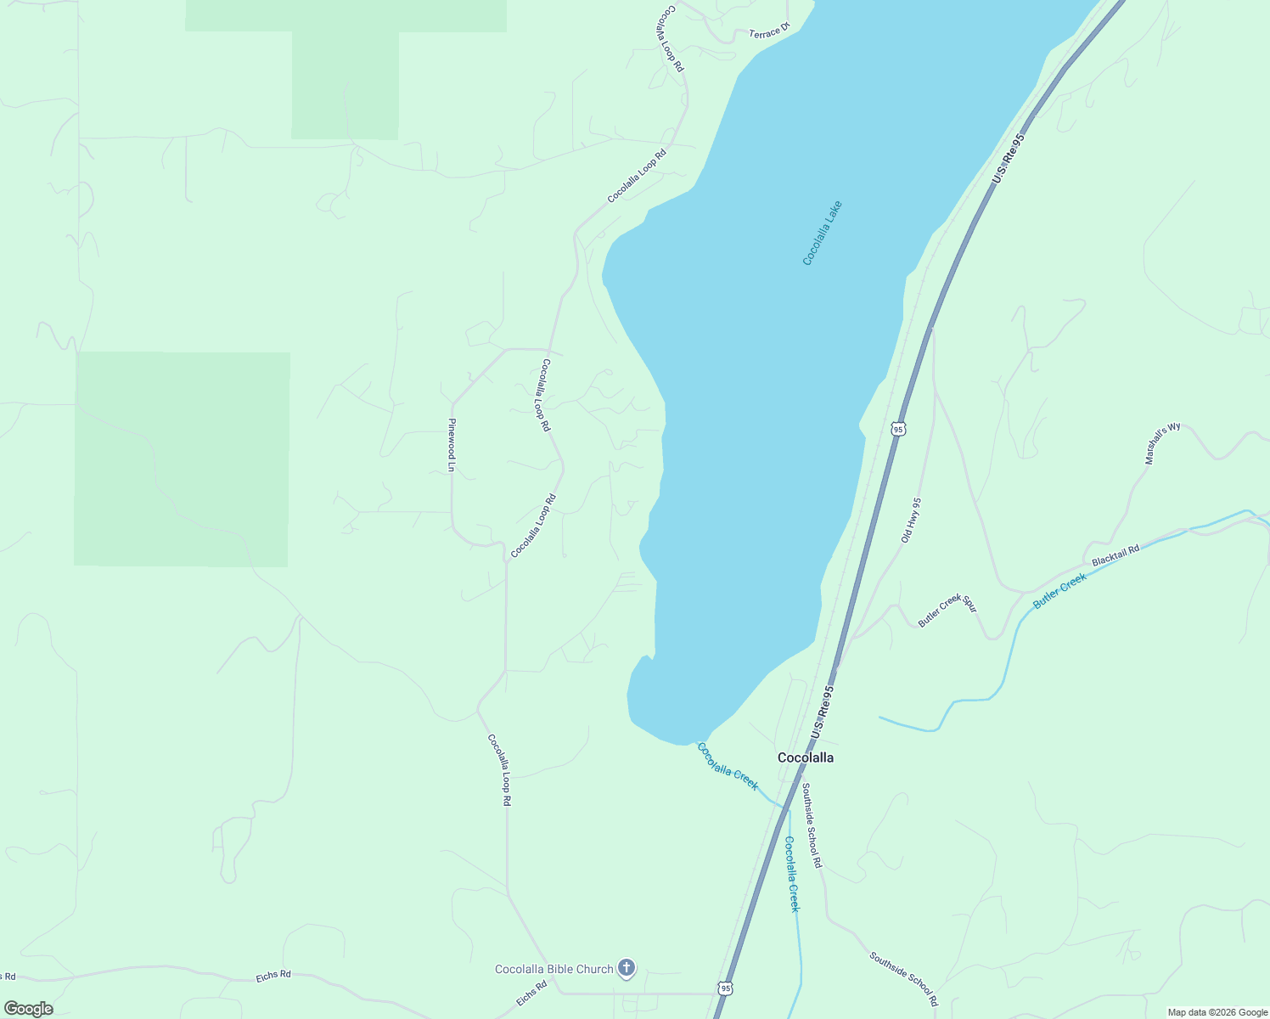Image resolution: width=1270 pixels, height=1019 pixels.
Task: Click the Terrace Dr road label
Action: click(769, 31)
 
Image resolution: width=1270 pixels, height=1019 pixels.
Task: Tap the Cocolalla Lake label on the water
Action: click(822, 233)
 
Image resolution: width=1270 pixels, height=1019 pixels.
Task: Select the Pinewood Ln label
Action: click(452, 444)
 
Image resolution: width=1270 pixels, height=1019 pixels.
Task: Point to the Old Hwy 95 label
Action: click(911, 520)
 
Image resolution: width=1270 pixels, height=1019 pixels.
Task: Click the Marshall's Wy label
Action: click(1162, 443)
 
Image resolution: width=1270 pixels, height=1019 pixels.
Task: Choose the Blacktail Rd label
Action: click(1115, 556)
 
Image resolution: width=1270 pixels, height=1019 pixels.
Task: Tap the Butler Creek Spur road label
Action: click(947, 610)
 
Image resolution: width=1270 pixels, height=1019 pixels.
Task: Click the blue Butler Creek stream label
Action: click(1059, 590)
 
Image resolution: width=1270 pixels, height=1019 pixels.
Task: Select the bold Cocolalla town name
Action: click(806, 757)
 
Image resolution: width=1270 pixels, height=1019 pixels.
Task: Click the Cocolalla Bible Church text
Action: click(554, 969)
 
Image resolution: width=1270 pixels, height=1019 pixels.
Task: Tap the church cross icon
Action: click(627, 968)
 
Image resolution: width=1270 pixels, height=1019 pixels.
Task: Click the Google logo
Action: click(28, 1009)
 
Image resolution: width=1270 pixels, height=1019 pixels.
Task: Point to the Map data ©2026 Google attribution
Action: click(1217, 1012)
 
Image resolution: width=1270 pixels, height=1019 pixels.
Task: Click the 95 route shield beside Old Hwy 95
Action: click(898, 429)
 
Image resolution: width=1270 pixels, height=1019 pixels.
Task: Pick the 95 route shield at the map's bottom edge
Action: click(724, 988)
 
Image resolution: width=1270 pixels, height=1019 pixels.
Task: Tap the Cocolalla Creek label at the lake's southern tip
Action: click(728, 766)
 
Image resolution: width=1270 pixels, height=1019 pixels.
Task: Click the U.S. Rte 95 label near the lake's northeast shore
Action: click(1009, 159)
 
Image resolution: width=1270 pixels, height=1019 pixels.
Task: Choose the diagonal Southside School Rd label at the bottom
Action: click(903, 978)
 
